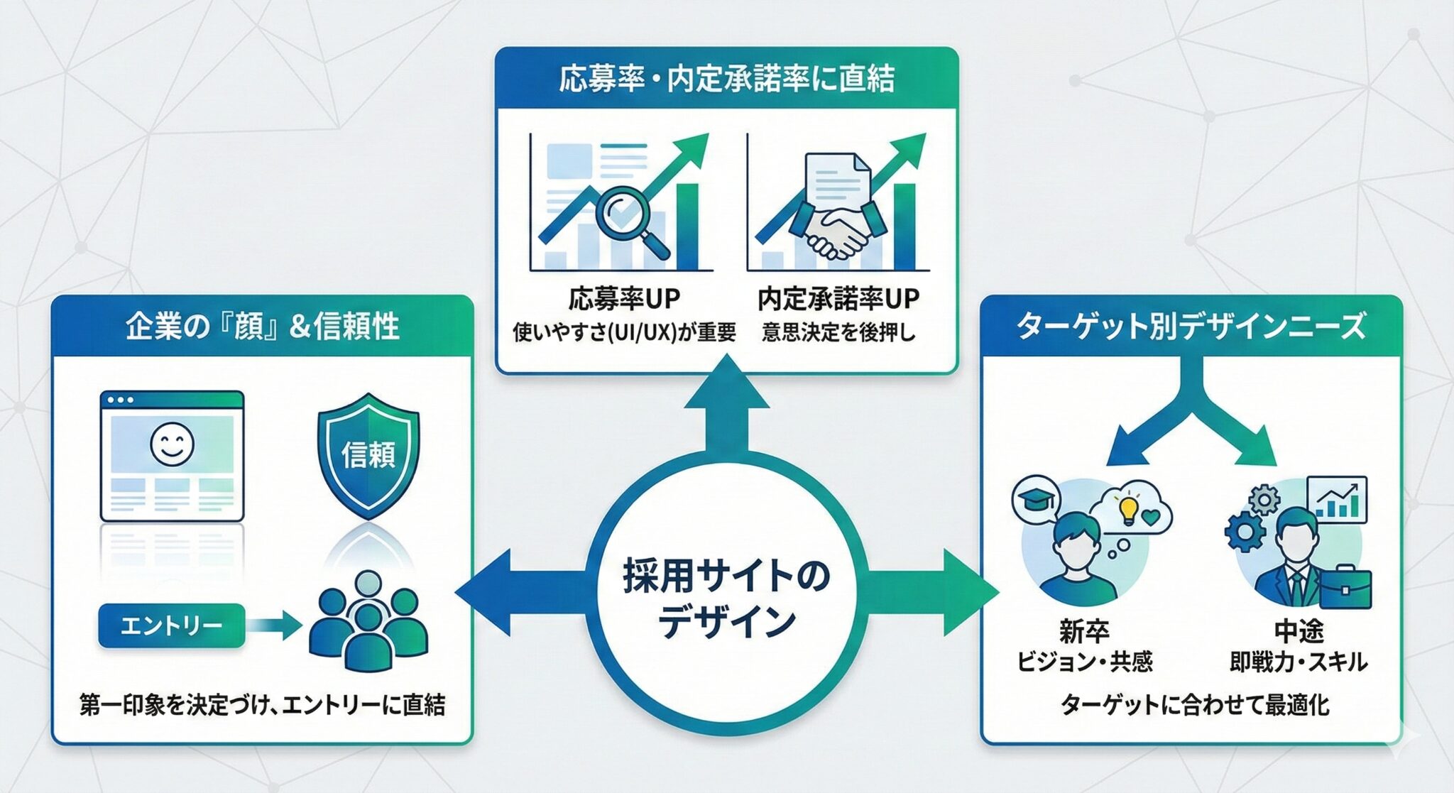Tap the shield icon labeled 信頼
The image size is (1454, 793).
(x=368, y=454)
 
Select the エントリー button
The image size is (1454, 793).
(x=171, y=625)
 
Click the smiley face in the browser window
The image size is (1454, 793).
(x=172, y=444)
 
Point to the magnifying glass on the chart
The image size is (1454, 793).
(x=629, y=220)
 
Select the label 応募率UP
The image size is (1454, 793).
(x=624, y=299)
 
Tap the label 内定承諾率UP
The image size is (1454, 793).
(x=838, y=299)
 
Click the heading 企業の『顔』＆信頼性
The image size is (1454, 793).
(x=262, y=327)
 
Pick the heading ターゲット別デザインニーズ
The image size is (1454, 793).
(x=1191, y=327)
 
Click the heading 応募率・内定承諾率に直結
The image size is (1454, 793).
(x=726, y=79)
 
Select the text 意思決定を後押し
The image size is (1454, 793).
(x=838, y=332)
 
